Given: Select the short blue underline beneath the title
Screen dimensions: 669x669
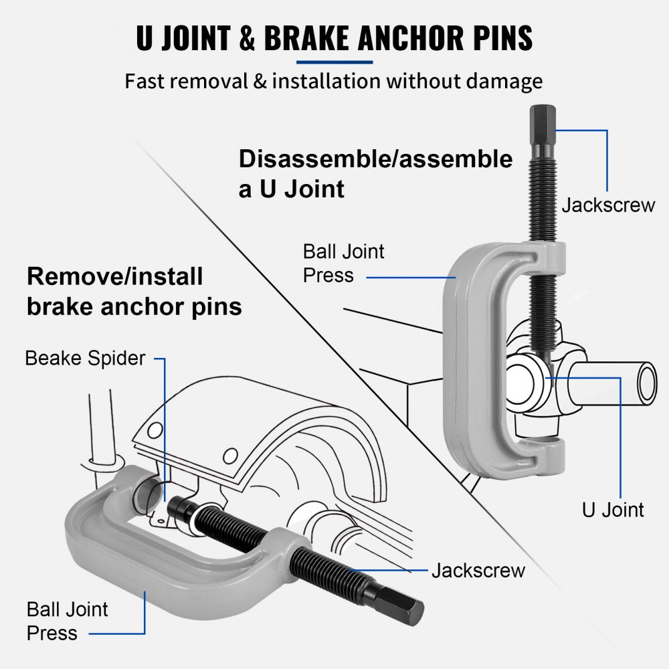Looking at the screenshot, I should click(334, 62).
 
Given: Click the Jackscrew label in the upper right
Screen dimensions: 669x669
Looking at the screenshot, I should click(608, 205).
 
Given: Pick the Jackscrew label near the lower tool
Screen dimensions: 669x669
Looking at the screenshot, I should click(478, 571).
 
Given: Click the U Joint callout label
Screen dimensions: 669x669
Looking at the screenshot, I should click(612, 510).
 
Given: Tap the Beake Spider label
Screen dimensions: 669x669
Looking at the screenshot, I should click(85, 358).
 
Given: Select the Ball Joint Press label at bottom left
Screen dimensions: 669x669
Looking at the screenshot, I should click(67, 621).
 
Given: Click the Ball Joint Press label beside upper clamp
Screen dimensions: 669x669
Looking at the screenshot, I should click(344, 264).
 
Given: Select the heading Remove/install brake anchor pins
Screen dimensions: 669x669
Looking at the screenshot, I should click(134, 291).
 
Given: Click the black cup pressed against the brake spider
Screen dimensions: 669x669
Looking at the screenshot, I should click(179, 508).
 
